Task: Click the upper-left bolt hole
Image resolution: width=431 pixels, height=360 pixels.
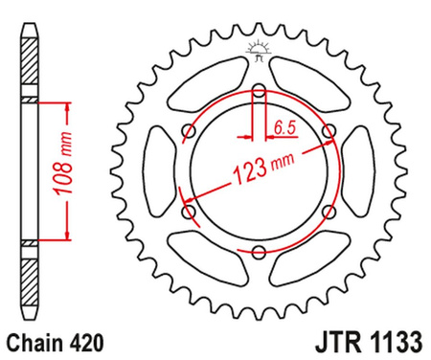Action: click(x=189, y=132)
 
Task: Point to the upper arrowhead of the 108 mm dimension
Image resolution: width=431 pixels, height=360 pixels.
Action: click(x=66, y=101)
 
